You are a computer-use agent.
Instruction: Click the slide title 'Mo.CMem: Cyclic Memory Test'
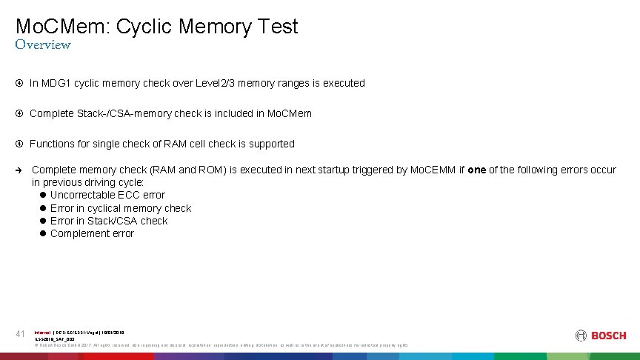[156, 27]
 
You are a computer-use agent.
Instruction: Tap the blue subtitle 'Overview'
[43, 45]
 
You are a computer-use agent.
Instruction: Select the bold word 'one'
[477, 170]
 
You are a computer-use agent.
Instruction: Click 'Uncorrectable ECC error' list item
[107, 195]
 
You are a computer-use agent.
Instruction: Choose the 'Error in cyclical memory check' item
[120, 208]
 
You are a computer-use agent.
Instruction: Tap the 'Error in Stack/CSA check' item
[109, 221]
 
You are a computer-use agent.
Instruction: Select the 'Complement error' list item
[92, 233]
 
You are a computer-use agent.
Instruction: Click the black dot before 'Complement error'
[43, 233]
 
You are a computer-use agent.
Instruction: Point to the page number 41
[21, 334]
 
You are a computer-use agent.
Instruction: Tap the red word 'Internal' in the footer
[42, 332]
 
